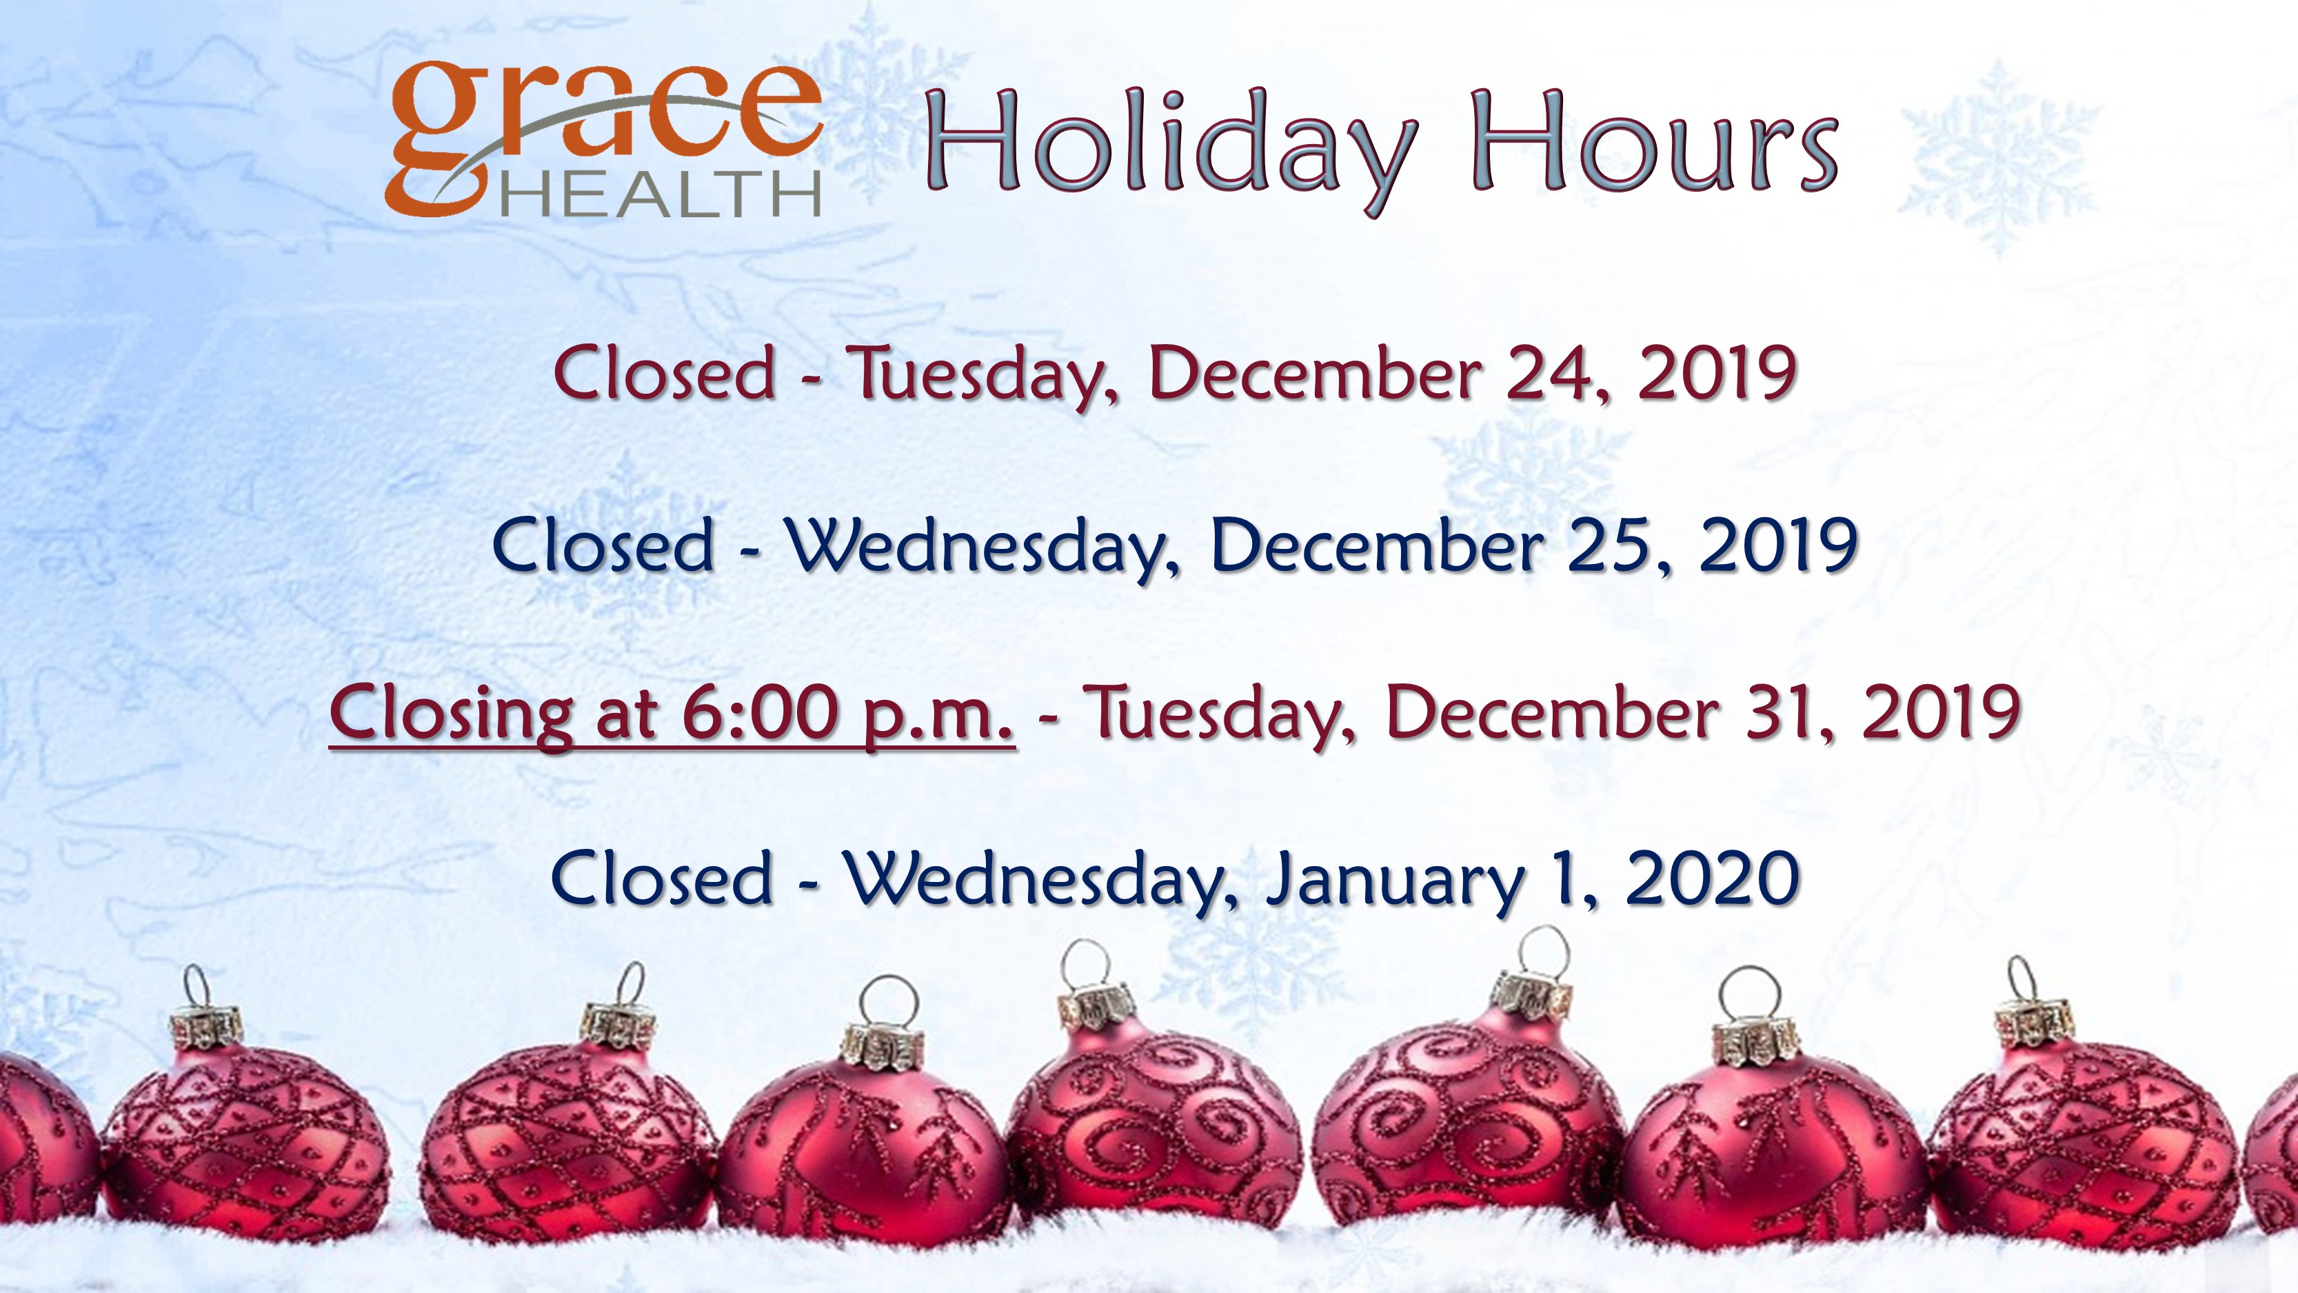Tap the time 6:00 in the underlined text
pyautogui.click(x=759, y=712)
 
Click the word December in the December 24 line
pyautogui.click(x=1315, y=373)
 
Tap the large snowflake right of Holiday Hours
pyautogui.click(x=1998, y=156)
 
